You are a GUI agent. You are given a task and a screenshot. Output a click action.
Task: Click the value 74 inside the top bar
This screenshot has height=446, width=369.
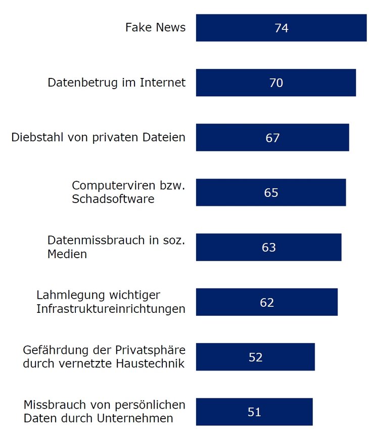point(282,28)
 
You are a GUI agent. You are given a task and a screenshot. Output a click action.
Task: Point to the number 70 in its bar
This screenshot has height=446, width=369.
point(276,83)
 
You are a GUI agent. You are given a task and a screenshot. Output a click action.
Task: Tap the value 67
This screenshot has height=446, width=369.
point(272,138)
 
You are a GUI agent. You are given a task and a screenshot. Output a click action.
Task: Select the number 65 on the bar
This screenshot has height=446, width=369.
point(271,192)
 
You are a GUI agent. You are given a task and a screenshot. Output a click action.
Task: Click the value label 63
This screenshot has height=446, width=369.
point(269,247)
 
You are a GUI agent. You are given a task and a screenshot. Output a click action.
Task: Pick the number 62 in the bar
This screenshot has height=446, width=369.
point(267,302)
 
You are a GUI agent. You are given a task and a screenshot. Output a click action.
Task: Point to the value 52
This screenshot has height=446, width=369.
point(256,357)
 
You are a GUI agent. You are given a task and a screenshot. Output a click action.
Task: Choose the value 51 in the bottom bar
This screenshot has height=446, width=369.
point(254,412)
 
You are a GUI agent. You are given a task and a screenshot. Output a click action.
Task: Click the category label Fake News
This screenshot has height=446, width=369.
point(155,27)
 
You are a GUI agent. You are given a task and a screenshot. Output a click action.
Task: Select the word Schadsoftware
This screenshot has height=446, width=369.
point(113,199)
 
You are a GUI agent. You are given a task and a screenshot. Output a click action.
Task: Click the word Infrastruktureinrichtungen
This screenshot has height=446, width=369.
point(111,308)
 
